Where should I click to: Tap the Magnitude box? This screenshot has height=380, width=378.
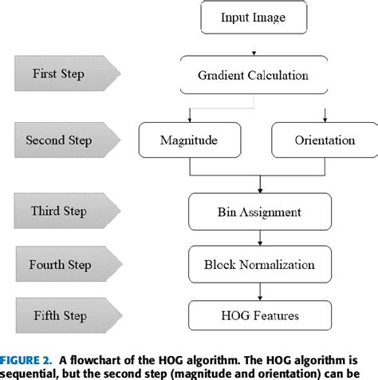pyautogui.click(x=189, y=141)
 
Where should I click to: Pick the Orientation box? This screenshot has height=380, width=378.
pyautogui.click(x=324, y=141)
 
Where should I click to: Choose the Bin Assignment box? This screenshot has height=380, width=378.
pyautogui.click(x=259, y=213)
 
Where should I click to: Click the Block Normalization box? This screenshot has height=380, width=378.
pyautogui.click(x=259, y=263)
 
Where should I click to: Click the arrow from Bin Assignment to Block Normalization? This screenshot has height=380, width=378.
pyautogui.click(x=260, y=239)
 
